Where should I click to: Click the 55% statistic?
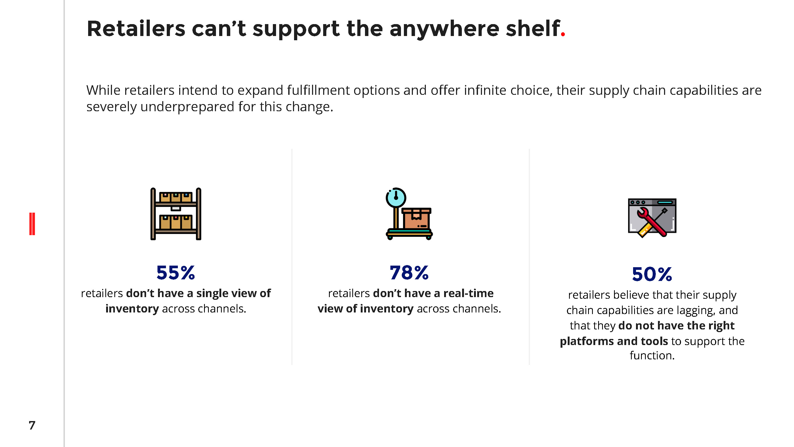click(176, 273)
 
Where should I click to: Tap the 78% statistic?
click(409, 273)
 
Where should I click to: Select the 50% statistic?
click(652, 274)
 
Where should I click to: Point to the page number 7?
click(32, 425)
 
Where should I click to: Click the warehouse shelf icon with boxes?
click(176, 213)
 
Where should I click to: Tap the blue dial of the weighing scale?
click(396, 198)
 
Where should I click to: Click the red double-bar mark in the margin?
click(32, 224)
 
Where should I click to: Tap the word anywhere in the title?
click(444, 30)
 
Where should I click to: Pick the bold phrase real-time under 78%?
click(468, 293)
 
